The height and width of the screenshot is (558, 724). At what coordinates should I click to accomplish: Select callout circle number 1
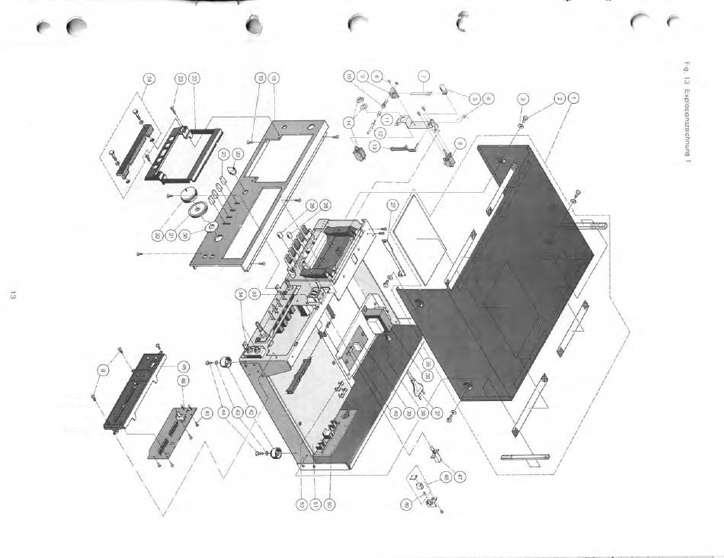tap(575, 98)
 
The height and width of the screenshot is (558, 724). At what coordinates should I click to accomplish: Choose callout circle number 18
tap(273, 78)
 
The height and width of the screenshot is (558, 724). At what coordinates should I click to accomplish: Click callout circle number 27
tap(392, 204)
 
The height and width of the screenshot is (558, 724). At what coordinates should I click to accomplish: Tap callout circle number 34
tap(241, 294)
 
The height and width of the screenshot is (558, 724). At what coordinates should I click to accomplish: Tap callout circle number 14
tap(348, 122)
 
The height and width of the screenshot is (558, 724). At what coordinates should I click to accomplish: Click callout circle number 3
tap(523, 98)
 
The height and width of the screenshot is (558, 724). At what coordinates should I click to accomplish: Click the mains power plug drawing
tap(418, 386)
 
